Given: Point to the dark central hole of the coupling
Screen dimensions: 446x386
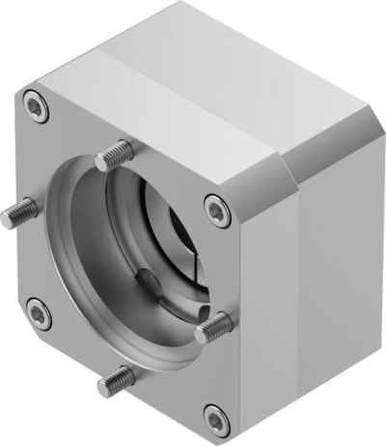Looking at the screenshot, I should click(x=182, y=237).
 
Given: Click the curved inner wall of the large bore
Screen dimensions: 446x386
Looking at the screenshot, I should click(x=82, y=261).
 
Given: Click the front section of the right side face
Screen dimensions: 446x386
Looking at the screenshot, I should click(x=261, y=290).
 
